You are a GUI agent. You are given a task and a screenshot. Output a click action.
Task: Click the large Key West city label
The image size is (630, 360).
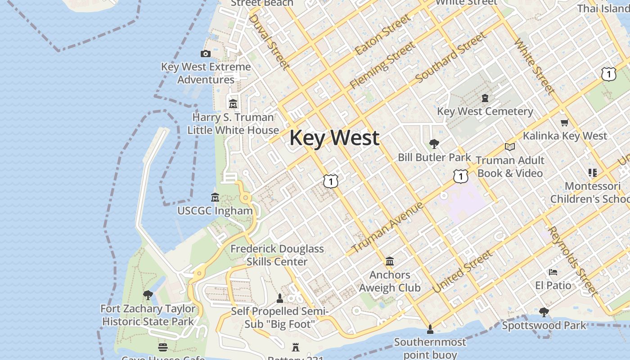point(334,138)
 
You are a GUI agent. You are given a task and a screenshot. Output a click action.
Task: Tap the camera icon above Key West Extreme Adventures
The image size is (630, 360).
point(206,54)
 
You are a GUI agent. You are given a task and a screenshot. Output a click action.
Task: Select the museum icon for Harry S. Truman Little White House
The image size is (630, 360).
point(233,104)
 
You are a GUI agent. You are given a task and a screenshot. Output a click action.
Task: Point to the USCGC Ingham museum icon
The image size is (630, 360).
point(215,198)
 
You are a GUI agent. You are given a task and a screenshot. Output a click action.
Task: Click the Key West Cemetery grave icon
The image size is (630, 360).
point(485,98)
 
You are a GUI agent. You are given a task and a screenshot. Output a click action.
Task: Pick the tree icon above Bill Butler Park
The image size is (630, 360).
point(434,144)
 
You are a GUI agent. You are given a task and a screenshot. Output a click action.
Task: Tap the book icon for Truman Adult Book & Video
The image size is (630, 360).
point(509,147)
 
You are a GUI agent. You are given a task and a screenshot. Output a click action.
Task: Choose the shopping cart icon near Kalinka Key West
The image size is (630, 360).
point(565,122)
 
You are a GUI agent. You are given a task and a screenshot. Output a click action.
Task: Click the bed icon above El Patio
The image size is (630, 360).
point(553,272)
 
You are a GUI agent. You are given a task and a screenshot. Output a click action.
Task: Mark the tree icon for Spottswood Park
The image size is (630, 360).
point(544,312)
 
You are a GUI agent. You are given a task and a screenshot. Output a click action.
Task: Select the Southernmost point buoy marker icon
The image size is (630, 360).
point(430,329)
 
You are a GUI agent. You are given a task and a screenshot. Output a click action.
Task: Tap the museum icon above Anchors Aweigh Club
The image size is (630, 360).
point(390,261)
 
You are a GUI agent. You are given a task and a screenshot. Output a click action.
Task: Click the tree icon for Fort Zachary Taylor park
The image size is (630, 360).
point(148,296)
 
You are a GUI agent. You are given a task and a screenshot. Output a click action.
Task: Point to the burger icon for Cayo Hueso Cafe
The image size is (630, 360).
point(163,347)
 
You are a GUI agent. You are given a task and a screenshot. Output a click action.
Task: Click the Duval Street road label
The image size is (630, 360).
point(269,42)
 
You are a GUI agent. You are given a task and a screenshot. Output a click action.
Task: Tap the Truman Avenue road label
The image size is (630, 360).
point(387,227)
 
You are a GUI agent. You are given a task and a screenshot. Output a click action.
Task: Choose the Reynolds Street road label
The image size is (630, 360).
point(573,261)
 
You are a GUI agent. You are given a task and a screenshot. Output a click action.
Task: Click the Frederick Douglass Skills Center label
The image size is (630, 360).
point(277,255)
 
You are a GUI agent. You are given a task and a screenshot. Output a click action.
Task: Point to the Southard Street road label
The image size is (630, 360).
point(451,57)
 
